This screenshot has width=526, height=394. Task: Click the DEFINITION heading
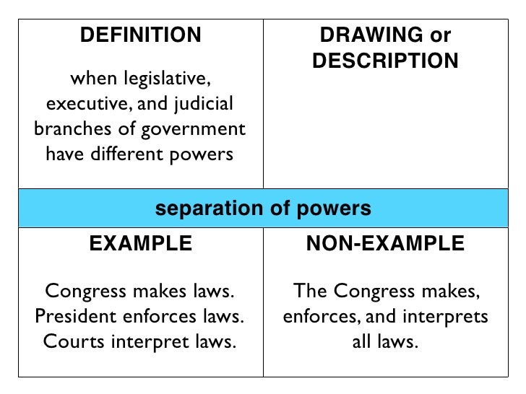pyautogui.click(x=140, y=35)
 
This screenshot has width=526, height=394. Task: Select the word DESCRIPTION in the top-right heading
pyautogui.click(x=385, y=62)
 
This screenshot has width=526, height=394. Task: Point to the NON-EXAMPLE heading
pyautogui.click(x=385, y=244)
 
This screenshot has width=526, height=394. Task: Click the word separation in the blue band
pyautogui.click(x=206, y=209)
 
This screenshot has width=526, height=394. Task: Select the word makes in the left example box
pyautogui.click(x=167, y=291)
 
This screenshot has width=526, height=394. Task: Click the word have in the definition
pyautogui.click(x=64, y=154)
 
